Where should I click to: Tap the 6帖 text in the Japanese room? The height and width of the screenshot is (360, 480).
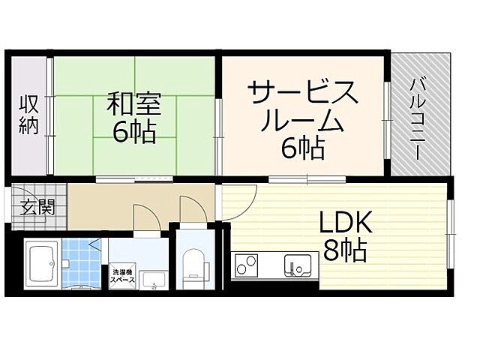pos(134,133)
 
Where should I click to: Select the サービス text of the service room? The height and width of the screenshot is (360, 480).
pos(303,95)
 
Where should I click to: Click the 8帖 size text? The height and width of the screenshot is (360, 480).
pos(344,250)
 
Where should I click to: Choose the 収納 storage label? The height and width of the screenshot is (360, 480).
pos(28,116)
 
